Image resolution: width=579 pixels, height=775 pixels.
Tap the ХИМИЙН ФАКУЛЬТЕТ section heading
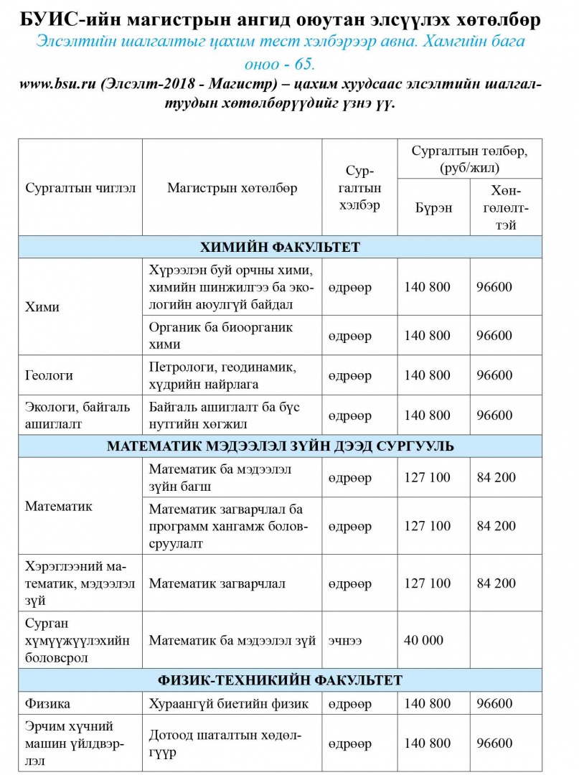tap(289, 248)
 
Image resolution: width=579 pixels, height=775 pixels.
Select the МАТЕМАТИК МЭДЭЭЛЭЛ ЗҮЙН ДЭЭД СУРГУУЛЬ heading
tap(289, 446)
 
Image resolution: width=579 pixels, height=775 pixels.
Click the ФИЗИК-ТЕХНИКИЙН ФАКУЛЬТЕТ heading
tap(289, 680)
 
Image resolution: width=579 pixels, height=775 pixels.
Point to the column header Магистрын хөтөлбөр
tap(232, 189)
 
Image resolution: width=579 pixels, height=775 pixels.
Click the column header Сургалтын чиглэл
tap(80, 189)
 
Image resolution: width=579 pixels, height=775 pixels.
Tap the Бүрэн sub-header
tap(433, 208)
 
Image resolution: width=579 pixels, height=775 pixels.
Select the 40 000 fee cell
tap(424, 640)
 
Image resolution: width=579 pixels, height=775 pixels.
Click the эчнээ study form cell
tap(344, 640)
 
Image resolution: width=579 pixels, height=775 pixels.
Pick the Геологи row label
tap(49, 375)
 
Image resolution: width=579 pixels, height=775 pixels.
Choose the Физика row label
tap(47, 703)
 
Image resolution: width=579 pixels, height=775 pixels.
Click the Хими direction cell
tap(42, 307)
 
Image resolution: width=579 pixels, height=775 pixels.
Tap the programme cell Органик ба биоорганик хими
tap(221, 335)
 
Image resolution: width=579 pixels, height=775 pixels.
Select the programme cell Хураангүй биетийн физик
tap(228, 703)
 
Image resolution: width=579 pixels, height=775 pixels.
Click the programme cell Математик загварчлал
tap(217, 583)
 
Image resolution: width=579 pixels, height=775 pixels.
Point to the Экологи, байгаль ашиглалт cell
tap(77, 415)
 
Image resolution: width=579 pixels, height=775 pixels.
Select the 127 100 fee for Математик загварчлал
tap(428, 583)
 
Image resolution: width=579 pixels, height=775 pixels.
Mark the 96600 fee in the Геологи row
tap(494, 375)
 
